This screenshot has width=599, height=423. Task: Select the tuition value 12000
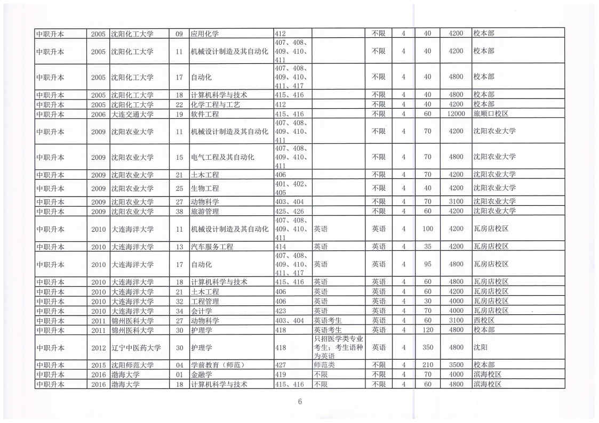(x=456, y=114)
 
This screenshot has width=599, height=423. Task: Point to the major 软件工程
(x=205, y=114)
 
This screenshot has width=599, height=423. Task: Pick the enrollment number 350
(x=427, y=348)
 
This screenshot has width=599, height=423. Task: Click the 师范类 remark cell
(x=324, y=365)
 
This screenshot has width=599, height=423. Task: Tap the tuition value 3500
(x=456, y=365)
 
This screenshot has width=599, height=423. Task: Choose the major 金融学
(x=201, y=374)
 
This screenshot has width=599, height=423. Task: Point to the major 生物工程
(x=205, y=188)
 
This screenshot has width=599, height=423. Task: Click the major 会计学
(x=201, y=311)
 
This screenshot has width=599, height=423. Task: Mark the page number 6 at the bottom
(x=300, y=402)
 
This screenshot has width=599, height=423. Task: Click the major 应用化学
(x=205, y=33)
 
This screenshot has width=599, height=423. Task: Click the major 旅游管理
(x=205, y=211)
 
